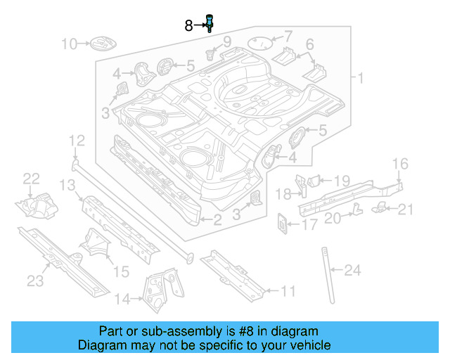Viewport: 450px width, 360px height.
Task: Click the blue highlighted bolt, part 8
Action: pos(209,23)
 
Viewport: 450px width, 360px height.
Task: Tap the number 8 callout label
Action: pos(188,26)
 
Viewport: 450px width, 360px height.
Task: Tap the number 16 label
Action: pos(399,165)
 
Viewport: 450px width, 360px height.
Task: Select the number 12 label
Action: pos(76,140)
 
